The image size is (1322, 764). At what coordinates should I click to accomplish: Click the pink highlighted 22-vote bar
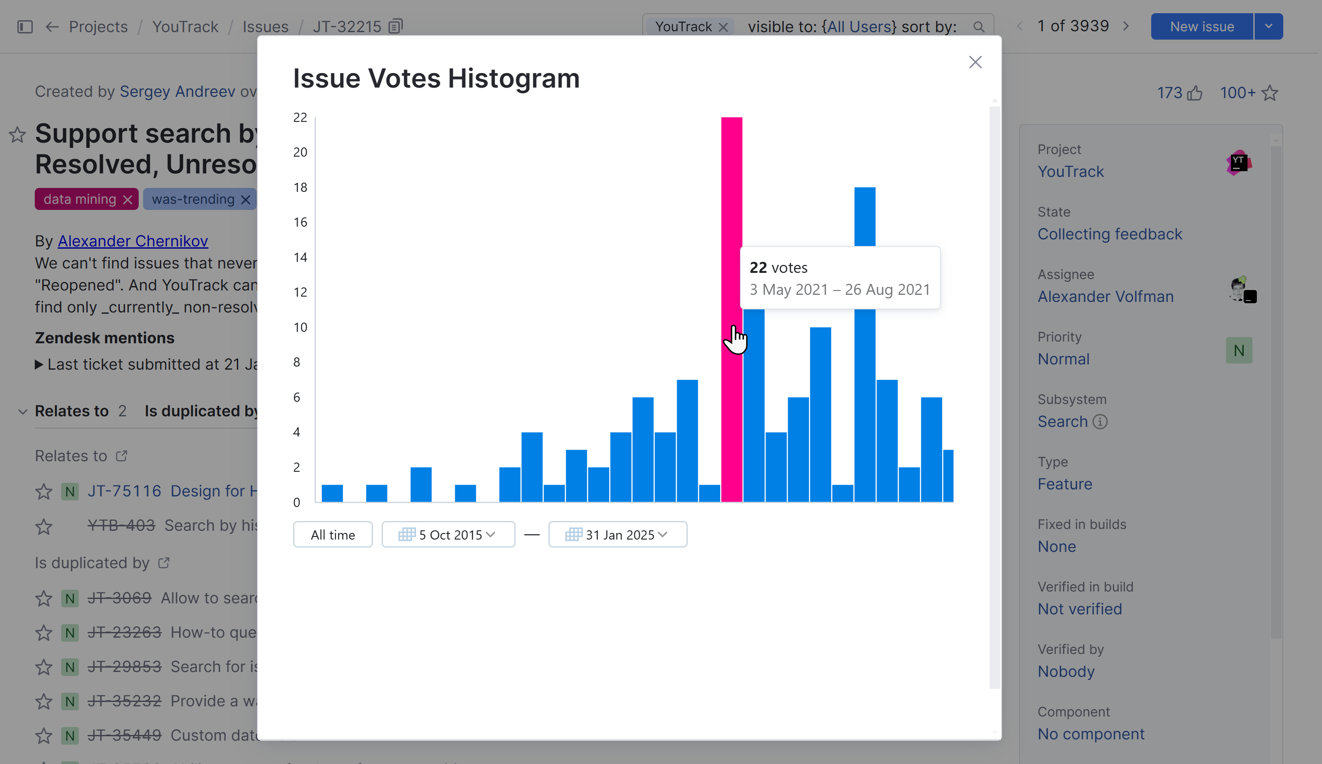(731, 210)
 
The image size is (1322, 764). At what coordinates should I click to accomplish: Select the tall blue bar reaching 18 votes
(865, 215)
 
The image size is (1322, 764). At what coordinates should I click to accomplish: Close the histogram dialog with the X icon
(975, 62)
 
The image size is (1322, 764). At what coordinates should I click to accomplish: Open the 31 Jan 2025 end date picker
(618, 534)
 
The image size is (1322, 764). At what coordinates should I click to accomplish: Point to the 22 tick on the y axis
(300, 118)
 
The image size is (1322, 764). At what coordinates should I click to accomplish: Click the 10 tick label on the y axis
(300, 327)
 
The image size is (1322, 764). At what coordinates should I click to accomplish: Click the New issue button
(1201, 27)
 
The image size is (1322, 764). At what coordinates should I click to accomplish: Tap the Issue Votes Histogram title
(436, 79)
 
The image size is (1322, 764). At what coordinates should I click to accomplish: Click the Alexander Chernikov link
(133, 241)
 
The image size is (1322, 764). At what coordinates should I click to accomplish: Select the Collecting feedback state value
(1109, 234)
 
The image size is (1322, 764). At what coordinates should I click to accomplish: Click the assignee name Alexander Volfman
(1105, 296)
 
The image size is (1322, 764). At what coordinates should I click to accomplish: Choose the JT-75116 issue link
(124, 491)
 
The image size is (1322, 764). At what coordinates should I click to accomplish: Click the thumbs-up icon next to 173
(1194, 93)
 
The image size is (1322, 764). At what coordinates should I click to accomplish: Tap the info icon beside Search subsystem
(1100, 422)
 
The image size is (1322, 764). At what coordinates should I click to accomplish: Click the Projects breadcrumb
(98, 27)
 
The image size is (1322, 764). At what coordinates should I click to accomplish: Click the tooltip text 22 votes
(778, 268)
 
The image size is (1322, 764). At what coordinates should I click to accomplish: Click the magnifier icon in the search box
(978, 27)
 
